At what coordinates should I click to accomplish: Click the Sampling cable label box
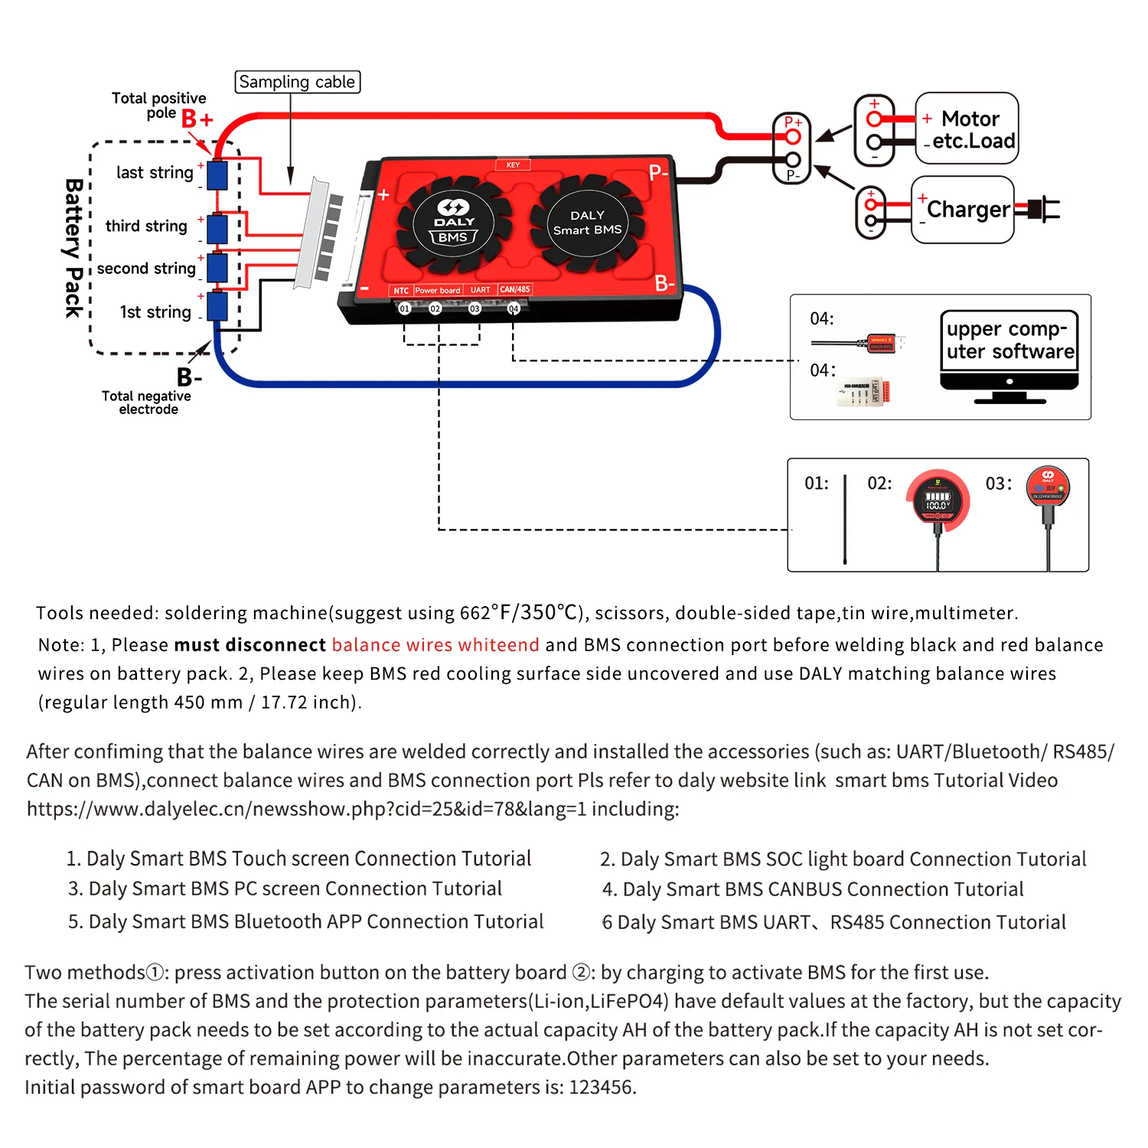[x=297, y=82]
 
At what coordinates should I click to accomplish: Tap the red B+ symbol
[x=197, y=119]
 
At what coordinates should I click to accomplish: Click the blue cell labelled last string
[x=217, y=175]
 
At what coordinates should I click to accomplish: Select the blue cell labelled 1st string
[x=217, y=306]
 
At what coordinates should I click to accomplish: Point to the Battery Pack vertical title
[x=73, y=248]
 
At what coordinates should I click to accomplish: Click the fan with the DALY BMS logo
[x=454, y=224]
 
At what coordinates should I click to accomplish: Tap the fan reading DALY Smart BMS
[x=587, y=223]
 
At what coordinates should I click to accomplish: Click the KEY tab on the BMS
[x=513, y=165]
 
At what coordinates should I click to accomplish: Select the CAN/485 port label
[x=515, y=289]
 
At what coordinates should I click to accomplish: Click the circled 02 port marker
[x=435, y=308]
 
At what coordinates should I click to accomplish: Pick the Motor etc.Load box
[x=967, y=129]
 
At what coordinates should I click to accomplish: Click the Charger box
[x=963, y=210]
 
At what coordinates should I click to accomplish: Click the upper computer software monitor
[x=1009, y=356]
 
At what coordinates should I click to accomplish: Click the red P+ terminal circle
[x=793, y=137]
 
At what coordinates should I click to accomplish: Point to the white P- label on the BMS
[x=659, y=172]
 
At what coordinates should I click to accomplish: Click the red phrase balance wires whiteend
[x=435, y=644]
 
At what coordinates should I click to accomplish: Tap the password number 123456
[x=601, y=1087]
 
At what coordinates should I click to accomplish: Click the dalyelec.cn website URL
[x=306, y=809]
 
